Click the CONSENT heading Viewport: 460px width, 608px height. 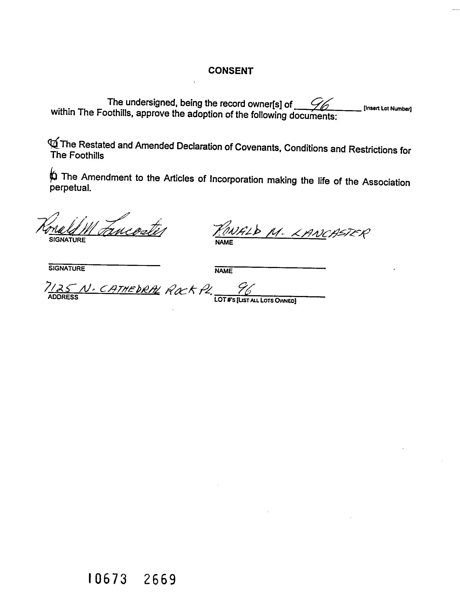230,71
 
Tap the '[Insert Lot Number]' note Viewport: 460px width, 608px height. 387,108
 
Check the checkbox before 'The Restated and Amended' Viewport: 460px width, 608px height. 54,143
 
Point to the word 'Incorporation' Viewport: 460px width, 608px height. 236,180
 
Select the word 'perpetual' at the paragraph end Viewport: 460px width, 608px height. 70,188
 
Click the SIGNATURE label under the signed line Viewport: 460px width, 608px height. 67,240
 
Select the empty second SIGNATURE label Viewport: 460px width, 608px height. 66,269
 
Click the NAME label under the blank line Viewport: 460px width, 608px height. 223,271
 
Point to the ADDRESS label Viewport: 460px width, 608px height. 63,297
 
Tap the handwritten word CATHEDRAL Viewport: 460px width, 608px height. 129,289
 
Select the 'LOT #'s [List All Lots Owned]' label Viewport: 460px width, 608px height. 255,301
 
